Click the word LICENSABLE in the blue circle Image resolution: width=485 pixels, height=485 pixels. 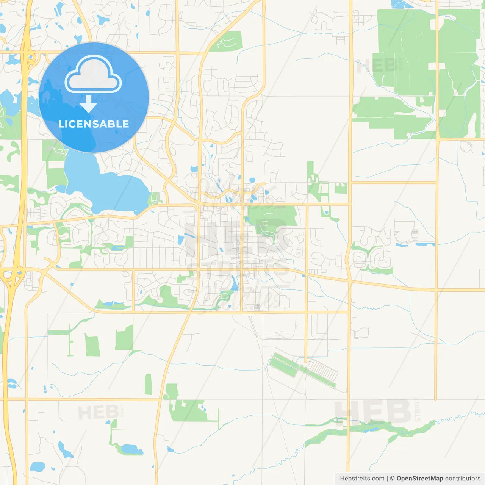point(94,124)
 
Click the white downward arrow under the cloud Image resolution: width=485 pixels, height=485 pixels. point(88,104)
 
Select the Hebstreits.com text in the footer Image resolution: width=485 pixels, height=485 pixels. point(362,479)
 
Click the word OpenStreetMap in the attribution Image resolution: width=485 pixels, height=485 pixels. point(419,479)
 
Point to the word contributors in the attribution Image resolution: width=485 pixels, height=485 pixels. point(463,479)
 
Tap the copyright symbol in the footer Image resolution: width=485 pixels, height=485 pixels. point(392,479)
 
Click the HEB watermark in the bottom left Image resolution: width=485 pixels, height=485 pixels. point(99,412)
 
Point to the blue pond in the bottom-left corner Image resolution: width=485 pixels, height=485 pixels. point(37,466)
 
